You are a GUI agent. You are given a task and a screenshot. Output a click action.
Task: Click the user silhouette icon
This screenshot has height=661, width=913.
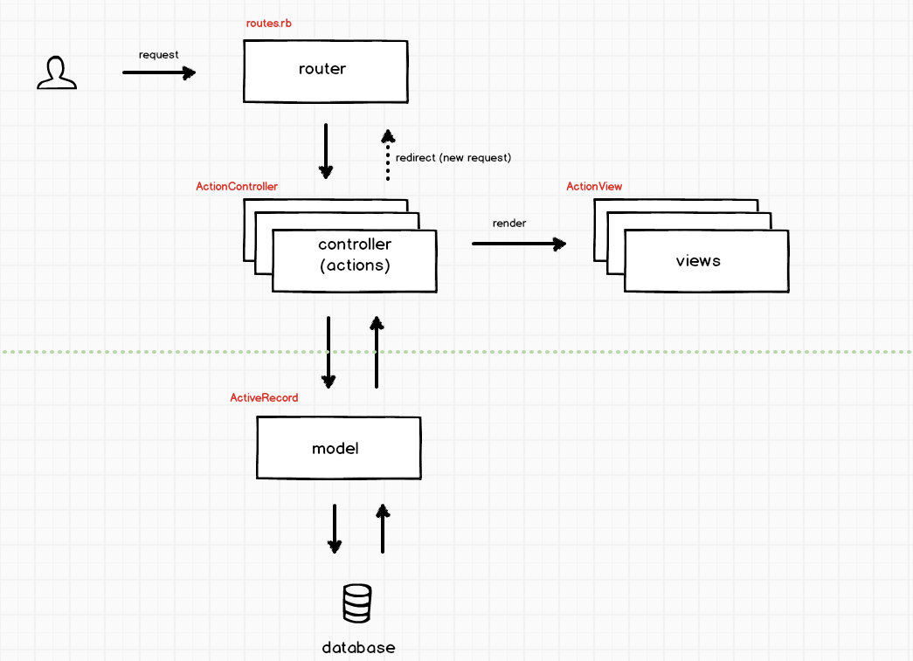(x=57, y=72)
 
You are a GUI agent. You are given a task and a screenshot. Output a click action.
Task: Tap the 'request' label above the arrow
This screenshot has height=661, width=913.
(x=158, y=55)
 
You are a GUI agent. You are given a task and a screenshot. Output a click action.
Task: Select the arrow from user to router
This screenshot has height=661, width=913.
(x=159, y=72)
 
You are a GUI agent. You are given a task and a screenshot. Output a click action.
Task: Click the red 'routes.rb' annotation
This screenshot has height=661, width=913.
(x=268, y=24)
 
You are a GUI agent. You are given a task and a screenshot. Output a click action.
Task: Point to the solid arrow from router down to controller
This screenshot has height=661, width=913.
(x=326, y=151)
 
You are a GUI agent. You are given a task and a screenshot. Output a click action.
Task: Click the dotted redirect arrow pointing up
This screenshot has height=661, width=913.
(x=388, y=155)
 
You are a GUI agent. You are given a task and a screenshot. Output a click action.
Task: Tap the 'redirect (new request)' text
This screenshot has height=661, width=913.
(x=453, y=158)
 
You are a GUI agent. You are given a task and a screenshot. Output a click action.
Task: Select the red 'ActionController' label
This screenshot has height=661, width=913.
(x=237, y=186)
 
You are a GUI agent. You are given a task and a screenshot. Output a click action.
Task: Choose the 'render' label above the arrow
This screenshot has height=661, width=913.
(x=508, y=223)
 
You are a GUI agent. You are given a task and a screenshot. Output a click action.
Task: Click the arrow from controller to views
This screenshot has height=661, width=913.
(x=519, y=244)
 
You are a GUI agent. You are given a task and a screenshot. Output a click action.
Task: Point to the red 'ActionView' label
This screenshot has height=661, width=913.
(x=594, y=186)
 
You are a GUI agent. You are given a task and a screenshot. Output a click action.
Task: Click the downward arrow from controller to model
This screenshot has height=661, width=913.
(x=329, y=352)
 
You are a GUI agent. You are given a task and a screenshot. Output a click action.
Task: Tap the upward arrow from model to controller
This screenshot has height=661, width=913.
(x=377, y=352)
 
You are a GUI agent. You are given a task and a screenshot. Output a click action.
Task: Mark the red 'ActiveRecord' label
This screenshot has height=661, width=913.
(x=264, y=397)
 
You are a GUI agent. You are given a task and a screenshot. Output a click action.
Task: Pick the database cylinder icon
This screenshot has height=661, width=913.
(x=357, y=603)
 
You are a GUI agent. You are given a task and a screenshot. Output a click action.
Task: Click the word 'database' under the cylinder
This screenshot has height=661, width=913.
(x=359, y=648)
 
